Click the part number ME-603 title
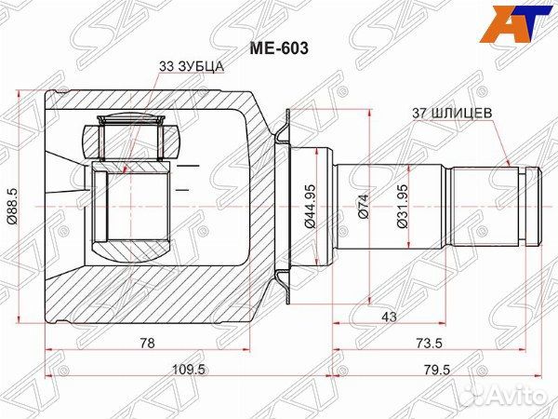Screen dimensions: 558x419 tap(279, 48)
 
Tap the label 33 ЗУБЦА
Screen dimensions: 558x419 tap(191, 66)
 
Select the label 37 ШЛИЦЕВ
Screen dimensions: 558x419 tap(452, 114)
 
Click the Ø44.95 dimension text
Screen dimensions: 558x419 tap(310, 206)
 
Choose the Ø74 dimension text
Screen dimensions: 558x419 tap(364, 206)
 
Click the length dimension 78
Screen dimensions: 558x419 tap(147, 343)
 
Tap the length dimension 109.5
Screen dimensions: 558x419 tap(188, 370)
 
